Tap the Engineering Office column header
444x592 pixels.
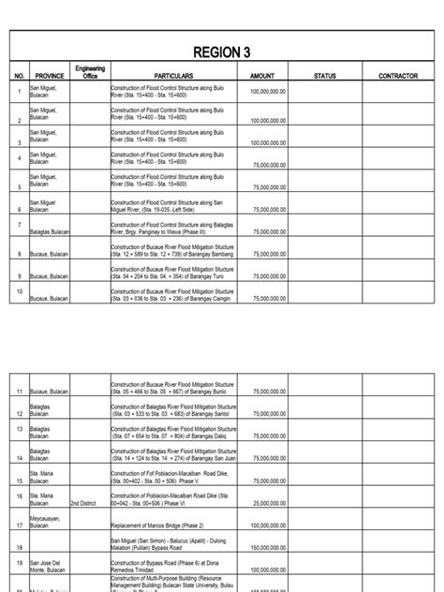(x=90, y=72)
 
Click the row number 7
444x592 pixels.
(x=20, y=225)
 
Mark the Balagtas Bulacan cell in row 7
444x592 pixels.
(x=52, y=230)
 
